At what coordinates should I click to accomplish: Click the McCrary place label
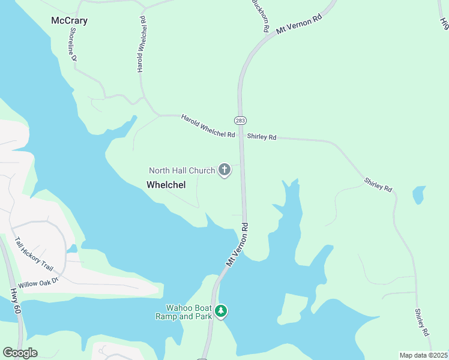(x=69, y=21)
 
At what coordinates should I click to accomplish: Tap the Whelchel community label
(x=166, y=185)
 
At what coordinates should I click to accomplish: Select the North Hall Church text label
(x=181, y=170)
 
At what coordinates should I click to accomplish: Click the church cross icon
(x=224, y=170)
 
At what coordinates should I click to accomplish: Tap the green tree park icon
(x=221, y=311)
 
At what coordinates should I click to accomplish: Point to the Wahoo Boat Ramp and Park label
(x=184, y=311)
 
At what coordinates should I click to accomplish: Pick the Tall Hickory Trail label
(x=34, y=254)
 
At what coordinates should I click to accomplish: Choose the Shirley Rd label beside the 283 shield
(x=262, y=137)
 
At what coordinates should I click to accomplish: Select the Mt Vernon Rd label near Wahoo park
(x=238, y=246)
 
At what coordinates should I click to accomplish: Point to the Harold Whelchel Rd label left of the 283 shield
(x=208, y=126)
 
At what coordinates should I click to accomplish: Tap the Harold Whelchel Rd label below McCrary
(x=142, y=45)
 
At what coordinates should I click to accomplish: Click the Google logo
(x=20, y=353)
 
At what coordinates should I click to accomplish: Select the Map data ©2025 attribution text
(x=424, y=355)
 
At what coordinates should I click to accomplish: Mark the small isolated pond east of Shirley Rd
(x=419, y=194)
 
